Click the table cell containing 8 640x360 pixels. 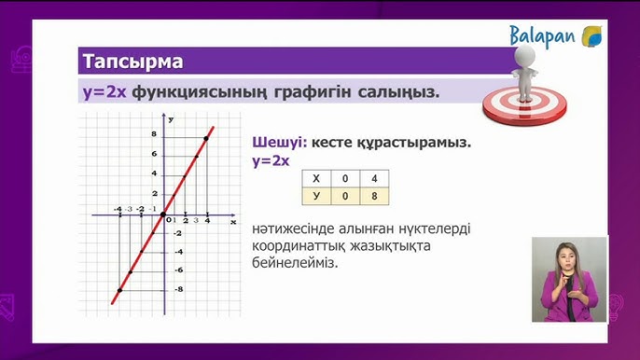pos(375,196)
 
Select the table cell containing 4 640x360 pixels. pos(375,178)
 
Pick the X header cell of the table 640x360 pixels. pos(316,178)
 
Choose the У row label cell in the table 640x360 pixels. pos(316,196)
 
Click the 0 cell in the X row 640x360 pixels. pos(345,178)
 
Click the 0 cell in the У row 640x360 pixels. pos(345,196)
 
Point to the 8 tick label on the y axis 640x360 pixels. pos(154,135)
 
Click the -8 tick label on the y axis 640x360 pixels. pos(153,290)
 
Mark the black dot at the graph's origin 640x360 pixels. pos(164,215)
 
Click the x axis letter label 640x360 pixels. pos(233,222)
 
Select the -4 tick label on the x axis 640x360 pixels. pos(118,209)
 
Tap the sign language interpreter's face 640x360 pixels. pos(566,254)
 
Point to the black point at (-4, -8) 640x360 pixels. pos(118,291)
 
